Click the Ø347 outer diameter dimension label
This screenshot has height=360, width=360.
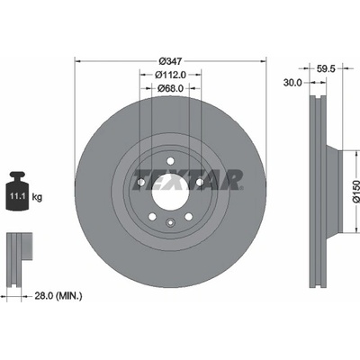(170, 61)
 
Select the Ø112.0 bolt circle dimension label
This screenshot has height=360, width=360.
(170, 75)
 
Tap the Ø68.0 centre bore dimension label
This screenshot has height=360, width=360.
(170, 88)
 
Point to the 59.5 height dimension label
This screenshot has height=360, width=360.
(326, 68)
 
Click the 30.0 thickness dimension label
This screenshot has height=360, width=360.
(292, 83)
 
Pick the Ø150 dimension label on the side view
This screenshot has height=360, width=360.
(355, 192)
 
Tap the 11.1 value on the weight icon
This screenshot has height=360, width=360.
(17, 197)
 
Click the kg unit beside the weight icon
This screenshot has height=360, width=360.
(37, 197)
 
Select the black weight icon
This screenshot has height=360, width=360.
(18, 191)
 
